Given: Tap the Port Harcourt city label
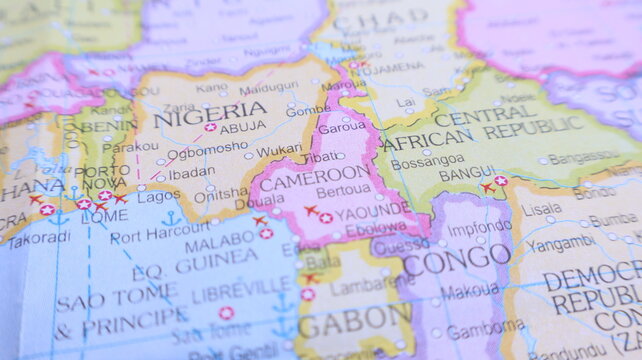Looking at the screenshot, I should (x=160, y=237).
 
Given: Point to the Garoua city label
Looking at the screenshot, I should (x=342, y=128).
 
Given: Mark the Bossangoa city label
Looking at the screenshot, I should (x=427, y=163).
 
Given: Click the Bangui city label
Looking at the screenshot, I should (x=467, y=174).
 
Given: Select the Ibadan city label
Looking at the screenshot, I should (x=190, y=173).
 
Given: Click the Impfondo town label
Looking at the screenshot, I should (x=479, y=227).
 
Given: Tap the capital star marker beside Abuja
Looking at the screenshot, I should (x=210, y=127).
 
